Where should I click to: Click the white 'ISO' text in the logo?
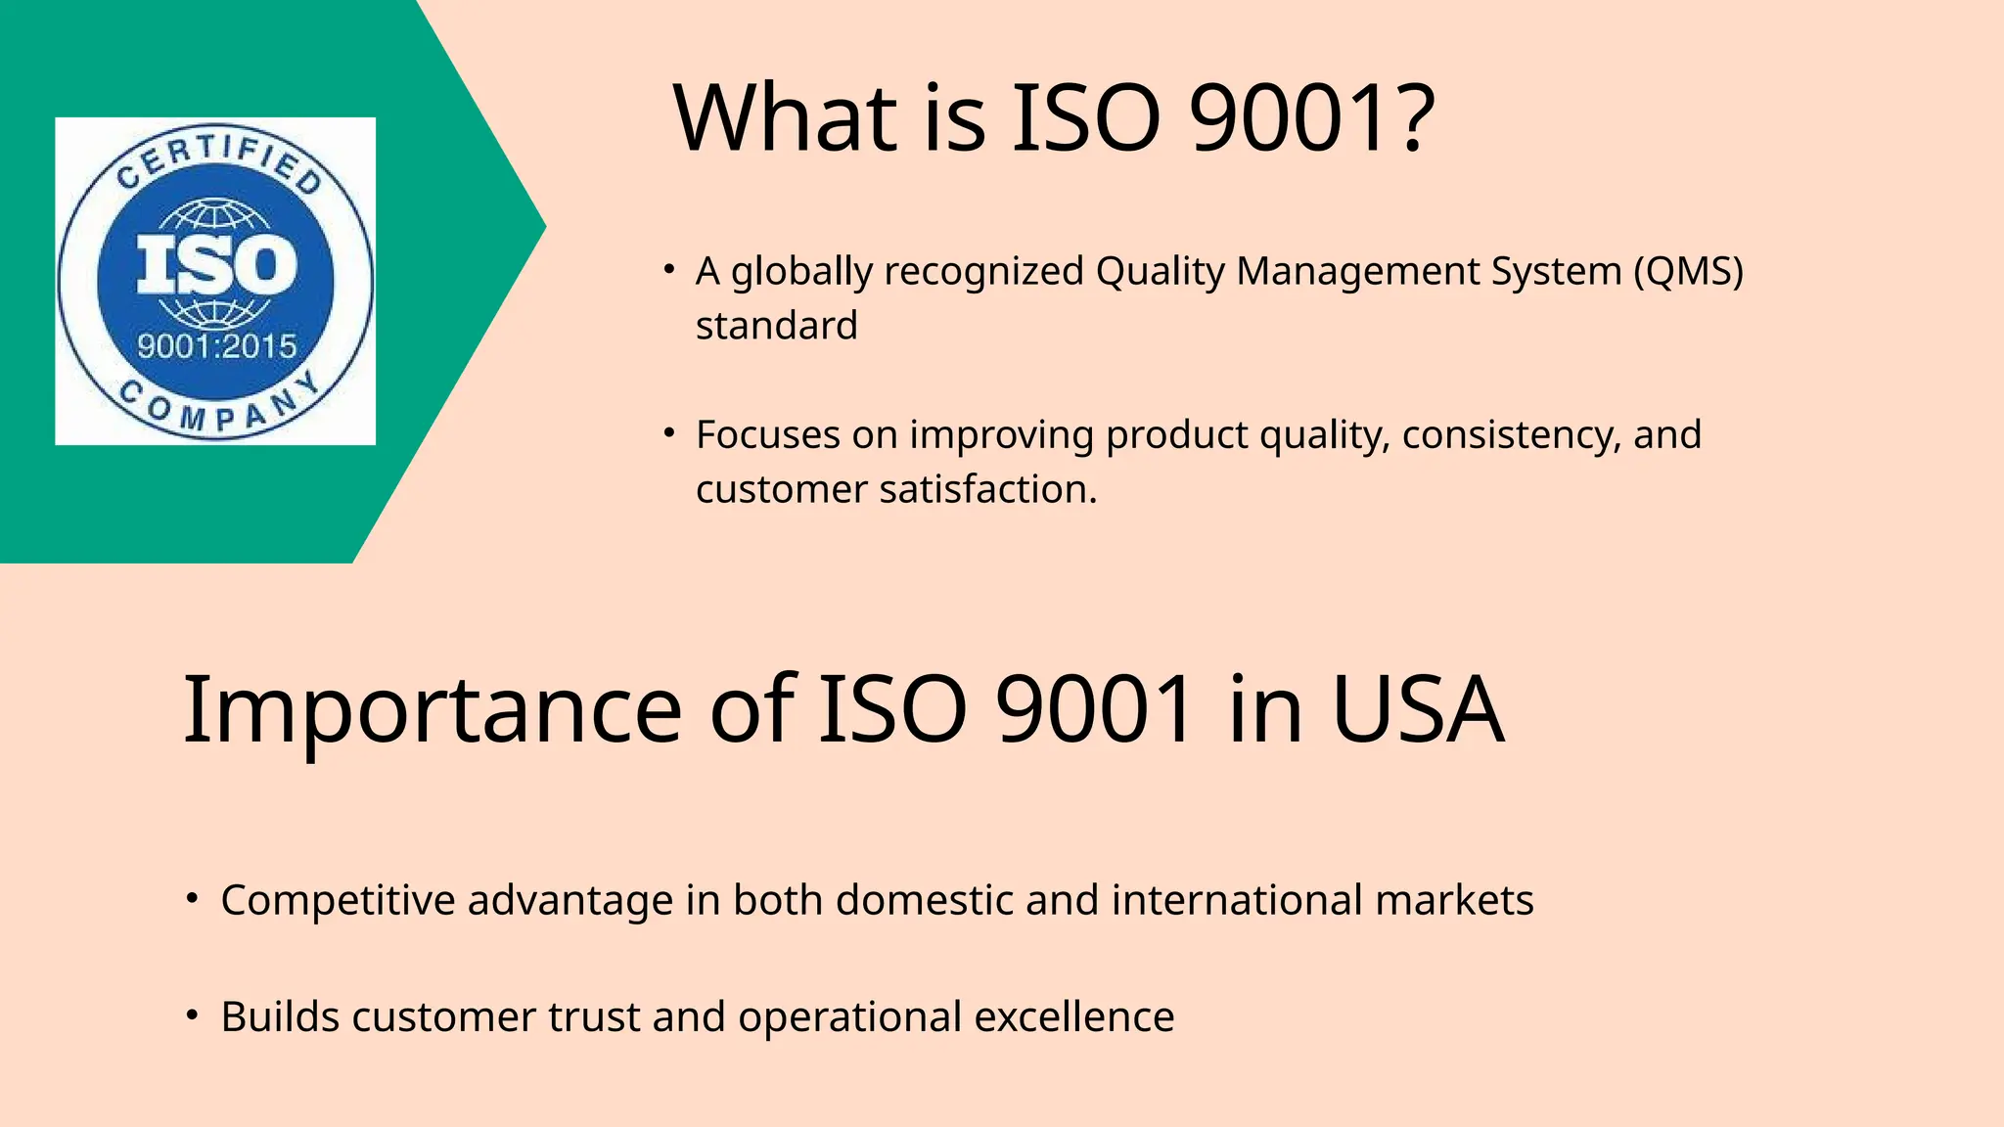pos(216,265)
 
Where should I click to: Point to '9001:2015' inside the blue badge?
pos(216,345)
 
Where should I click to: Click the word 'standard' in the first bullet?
pos(776,326)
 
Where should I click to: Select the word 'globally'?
pos(801,271)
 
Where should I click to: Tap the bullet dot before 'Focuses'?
pos(669,431)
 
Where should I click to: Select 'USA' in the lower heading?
pos(1418,710)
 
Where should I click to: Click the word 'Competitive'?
pos(338,900)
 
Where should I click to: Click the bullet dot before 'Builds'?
pos(193,1014)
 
